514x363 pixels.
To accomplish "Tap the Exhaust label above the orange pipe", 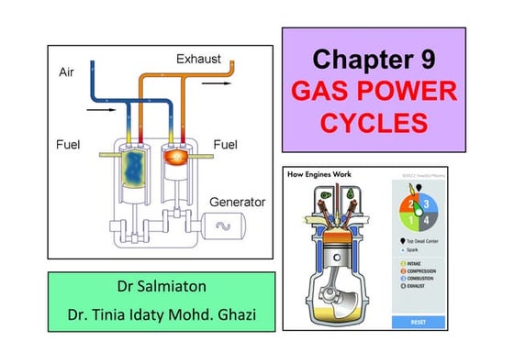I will point(198,60).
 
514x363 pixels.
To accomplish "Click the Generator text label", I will point(238,201).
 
